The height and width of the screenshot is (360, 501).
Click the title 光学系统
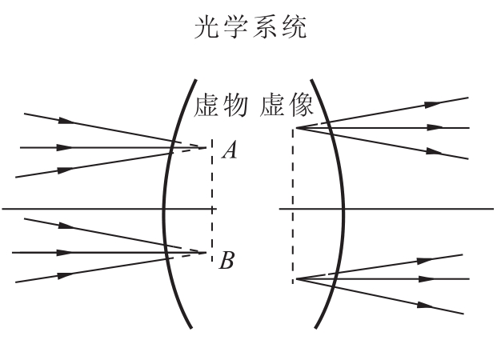tap(250, 28)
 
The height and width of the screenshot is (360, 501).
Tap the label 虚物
tap(220, 106)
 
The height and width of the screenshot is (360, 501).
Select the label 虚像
tap(287, 106)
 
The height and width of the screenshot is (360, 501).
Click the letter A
tap(230, 150)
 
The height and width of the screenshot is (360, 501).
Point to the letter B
tap(226, 260)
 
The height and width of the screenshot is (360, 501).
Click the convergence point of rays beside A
tap(206, 147)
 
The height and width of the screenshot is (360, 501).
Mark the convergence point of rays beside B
tap(206, 253)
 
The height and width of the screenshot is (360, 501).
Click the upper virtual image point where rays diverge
tap(297, 128)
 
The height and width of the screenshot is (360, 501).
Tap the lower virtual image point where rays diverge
tap(297, 279)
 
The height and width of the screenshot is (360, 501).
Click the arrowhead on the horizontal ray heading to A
tap(65, 147)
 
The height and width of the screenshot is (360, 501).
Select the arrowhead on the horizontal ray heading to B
tap(65, 253)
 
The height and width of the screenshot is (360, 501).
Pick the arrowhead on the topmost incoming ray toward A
tap(66, 121)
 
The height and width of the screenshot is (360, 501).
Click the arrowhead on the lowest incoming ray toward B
tap(66, 275)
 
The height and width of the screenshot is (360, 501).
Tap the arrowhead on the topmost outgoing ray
tap(433, 104)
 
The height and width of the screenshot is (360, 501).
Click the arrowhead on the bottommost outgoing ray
tap(426, 306)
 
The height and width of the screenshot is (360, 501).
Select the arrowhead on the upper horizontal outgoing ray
tap(435, 128)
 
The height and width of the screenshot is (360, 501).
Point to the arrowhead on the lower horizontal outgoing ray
tap(427, 279)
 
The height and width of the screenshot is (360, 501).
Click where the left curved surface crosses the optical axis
tap(164, 209)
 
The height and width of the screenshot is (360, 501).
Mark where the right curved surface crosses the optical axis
tap(343, 209)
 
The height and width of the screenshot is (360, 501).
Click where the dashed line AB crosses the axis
tap(212, 209)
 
